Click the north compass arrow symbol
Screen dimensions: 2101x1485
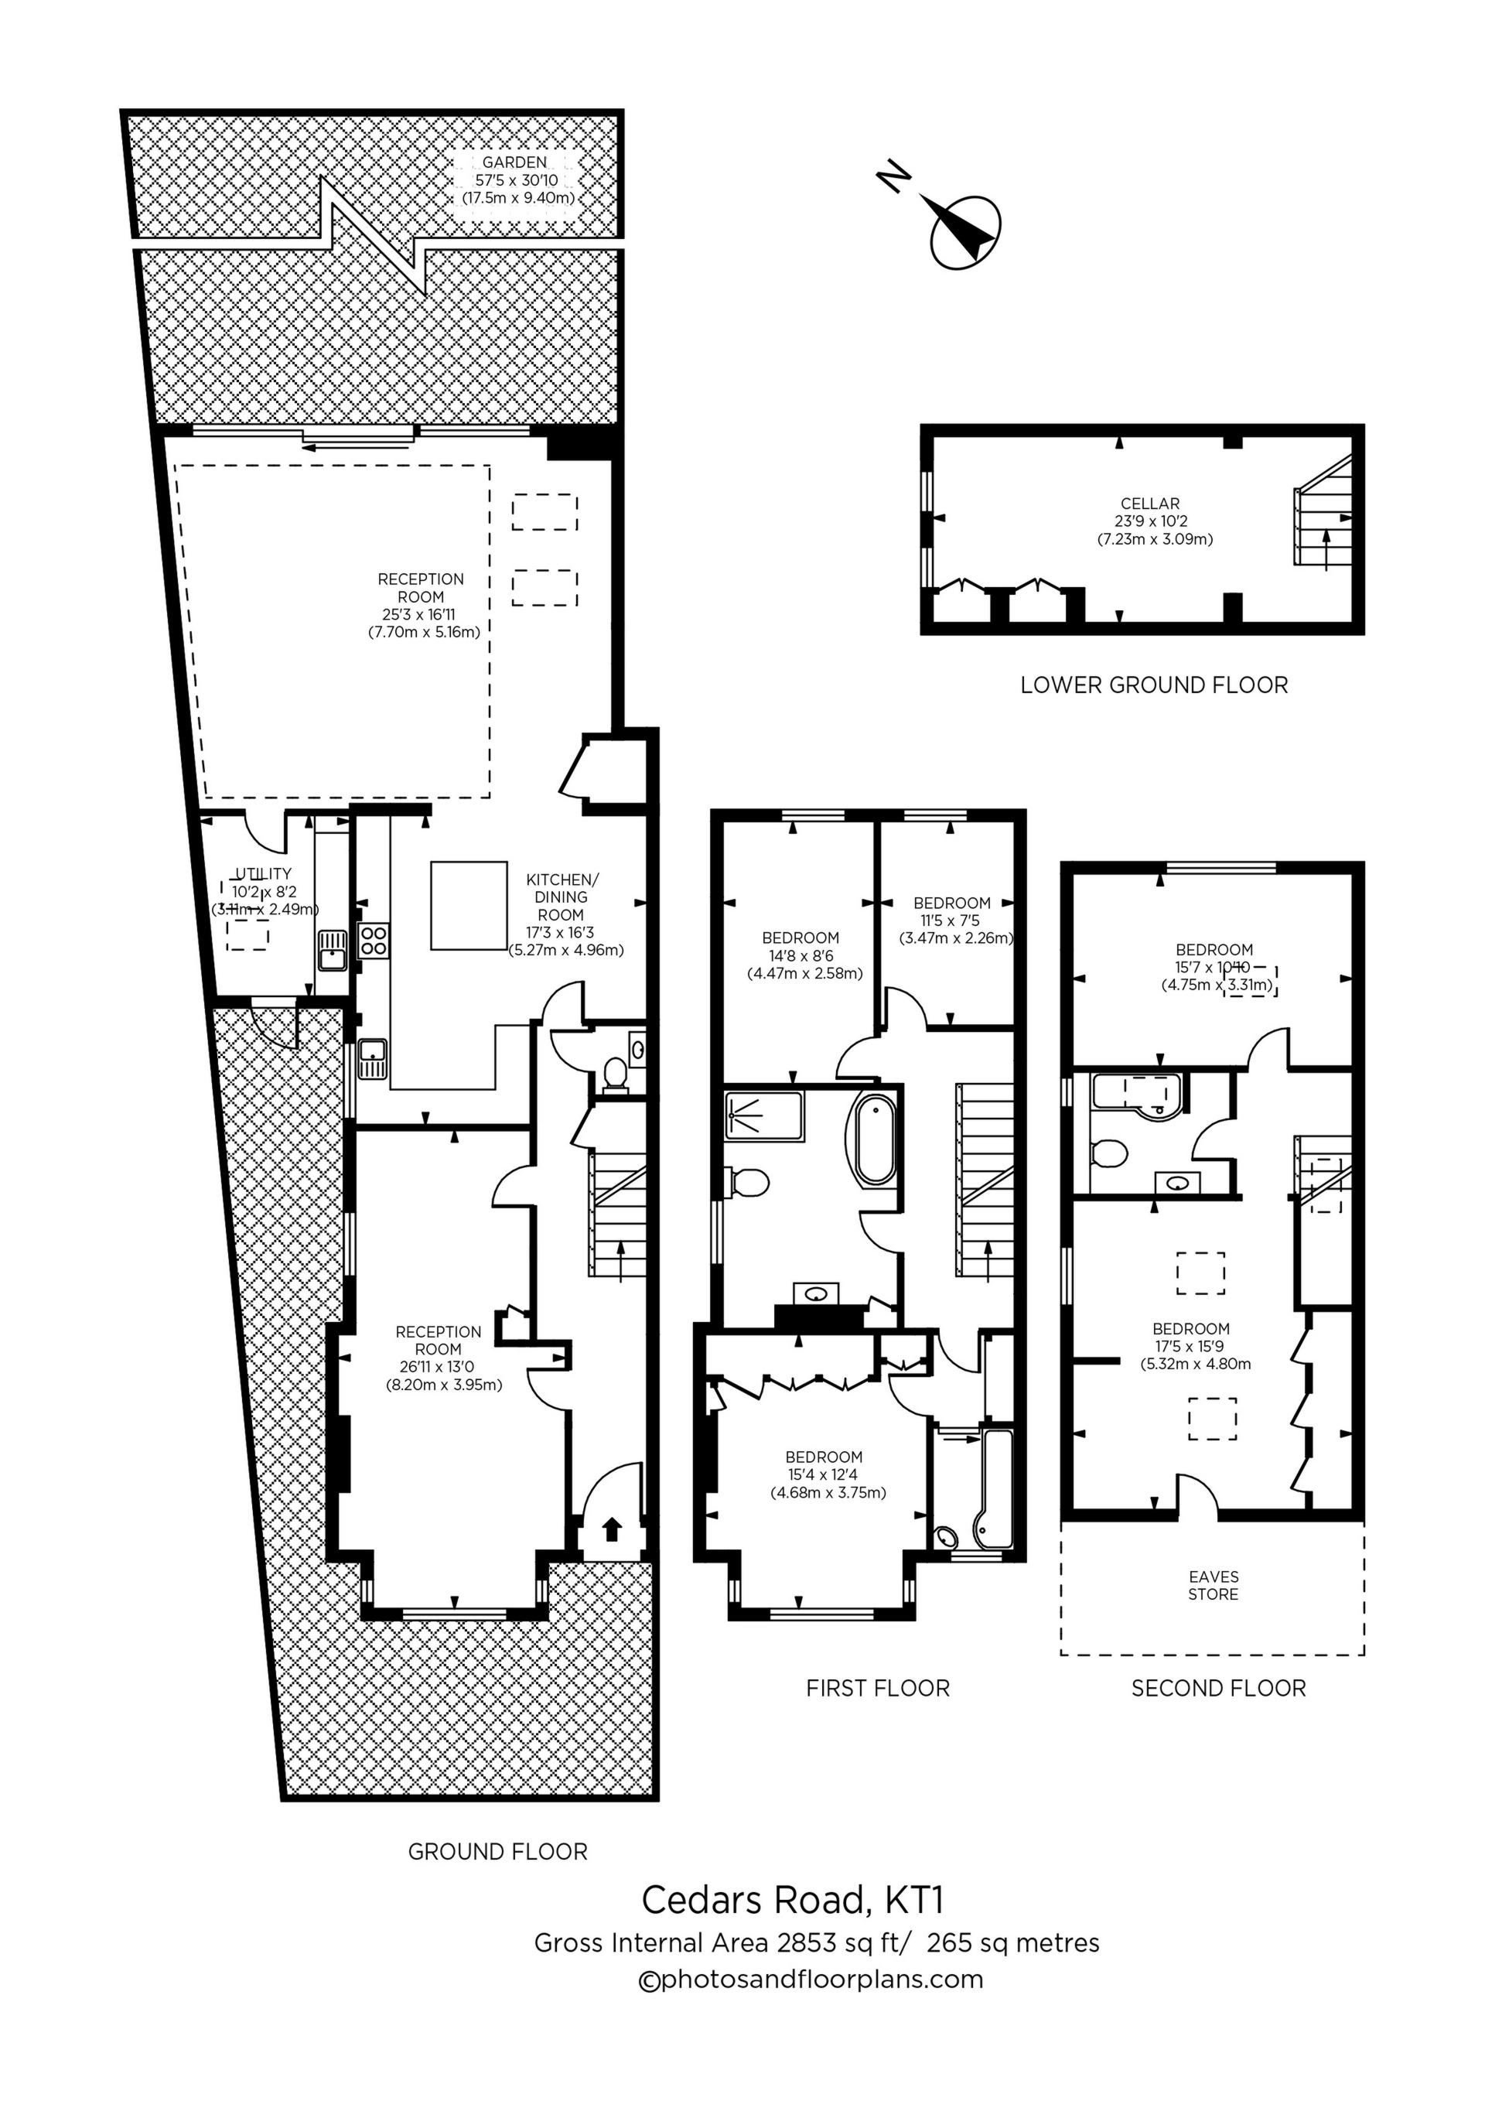click(964, 231)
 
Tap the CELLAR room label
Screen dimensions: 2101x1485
click(1150, 504)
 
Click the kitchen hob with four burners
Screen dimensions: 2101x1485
click(374, 941)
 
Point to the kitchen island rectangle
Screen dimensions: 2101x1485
click(469, 905)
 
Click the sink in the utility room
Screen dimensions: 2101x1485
click(331, 951)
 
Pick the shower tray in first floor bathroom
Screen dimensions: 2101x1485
click(764, 1115)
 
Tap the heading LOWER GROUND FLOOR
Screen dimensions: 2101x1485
click(1154, 685)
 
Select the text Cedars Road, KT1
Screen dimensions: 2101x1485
click(791, 1900)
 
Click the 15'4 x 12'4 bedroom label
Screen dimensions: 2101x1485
click(824, 1474)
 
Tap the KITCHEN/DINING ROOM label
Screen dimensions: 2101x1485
click(562, 897)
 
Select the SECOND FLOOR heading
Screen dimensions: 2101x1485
click(1218, 1688)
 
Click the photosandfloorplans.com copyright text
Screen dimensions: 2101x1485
click(810, 1980)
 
